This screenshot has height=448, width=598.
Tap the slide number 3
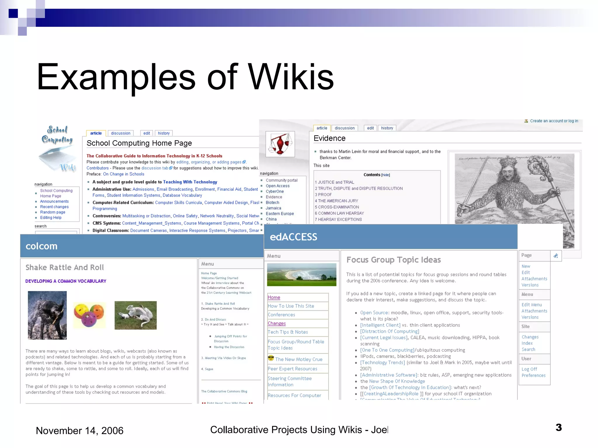click(559, 428)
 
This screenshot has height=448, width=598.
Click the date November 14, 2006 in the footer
click(79, 430)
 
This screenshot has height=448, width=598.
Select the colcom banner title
click(41, 246)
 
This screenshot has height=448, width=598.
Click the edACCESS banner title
click(293, 237)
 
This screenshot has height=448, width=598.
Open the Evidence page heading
click(329, 138)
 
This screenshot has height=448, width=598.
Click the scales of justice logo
click(280, 144)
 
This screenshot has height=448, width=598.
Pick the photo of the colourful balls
click(89, 315)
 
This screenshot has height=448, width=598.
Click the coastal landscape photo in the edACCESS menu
click(302, 274)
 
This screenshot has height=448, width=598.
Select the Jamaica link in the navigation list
click(273, 208)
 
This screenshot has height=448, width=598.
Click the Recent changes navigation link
click(54, 207)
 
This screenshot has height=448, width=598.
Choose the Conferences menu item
click(281, 315)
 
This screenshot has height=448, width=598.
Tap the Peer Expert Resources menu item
click(292, 369)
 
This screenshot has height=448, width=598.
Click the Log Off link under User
click(529, 369)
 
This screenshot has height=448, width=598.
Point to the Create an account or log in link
click(554, 121)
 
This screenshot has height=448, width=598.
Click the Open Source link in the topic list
click(374, 313)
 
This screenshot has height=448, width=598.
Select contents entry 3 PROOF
click(323, 195)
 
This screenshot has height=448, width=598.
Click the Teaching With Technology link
click(190, 182)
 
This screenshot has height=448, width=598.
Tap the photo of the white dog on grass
click(135, 315)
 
